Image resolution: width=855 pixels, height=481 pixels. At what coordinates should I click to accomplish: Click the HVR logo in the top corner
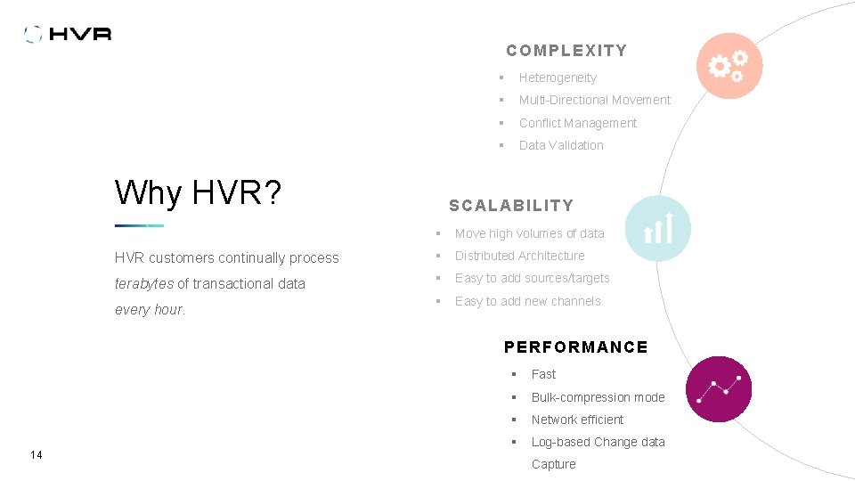tap(69, 34)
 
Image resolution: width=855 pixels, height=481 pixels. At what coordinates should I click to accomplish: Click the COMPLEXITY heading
tap(566, 51)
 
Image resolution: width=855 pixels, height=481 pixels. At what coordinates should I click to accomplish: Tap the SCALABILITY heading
tap(511, 206)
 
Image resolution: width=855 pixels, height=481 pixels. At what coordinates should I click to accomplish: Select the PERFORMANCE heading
tap(575, 347)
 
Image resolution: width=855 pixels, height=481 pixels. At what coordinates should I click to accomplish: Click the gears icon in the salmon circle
tap(729, 65)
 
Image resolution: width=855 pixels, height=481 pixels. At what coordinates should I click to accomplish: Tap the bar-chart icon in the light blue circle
tap(657, 228)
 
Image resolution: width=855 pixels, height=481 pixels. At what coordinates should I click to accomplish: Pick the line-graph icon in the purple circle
tap(719, 389)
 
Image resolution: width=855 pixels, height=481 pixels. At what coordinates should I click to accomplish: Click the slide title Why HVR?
tap(198, 192)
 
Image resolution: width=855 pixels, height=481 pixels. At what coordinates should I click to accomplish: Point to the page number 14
tap(36, 455)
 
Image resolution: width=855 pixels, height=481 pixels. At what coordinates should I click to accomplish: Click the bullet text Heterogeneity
tap(558, 77)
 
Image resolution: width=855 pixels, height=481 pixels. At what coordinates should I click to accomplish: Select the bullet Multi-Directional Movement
tap(594, 100)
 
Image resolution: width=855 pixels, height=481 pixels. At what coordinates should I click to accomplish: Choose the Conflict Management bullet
tap(577, 123)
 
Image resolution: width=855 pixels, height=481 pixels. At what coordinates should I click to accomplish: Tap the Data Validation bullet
tap(561, 145)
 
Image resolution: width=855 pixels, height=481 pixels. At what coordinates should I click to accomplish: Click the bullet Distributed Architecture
tap(519, 256)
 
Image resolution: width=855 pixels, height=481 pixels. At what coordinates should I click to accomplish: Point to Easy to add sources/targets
tap(532, 278)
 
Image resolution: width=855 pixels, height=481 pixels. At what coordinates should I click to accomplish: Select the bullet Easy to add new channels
tap(527, 301)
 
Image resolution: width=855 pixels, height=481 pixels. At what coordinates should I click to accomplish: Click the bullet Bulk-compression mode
tap(598, 397)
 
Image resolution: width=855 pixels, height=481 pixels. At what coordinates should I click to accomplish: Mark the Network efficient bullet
tap(577, 420)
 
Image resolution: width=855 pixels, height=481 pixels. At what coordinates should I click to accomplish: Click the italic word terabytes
tap(144, 283)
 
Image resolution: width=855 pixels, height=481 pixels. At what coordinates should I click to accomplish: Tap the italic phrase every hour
tap(150, 310)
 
